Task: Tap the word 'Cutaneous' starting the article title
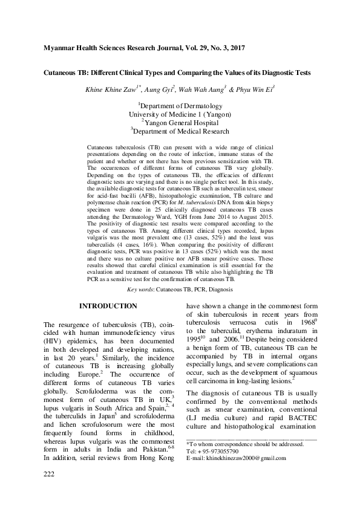coord(62,73)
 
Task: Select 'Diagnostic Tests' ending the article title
coord(285,73)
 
